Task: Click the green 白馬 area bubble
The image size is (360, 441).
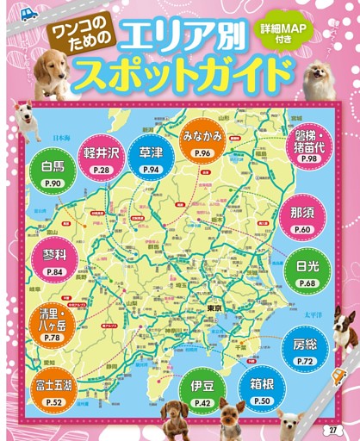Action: (x=52, y=172)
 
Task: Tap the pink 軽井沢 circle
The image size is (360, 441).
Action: (x=102, y=158)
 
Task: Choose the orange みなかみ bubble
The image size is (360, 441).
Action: (x=203, y=140)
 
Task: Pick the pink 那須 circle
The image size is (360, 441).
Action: (x=302, y=218)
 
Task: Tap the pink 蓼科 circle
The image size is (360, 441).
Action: (x=53, y=259)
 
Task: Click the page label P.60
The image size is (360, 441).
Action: (x=302, y=230)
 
